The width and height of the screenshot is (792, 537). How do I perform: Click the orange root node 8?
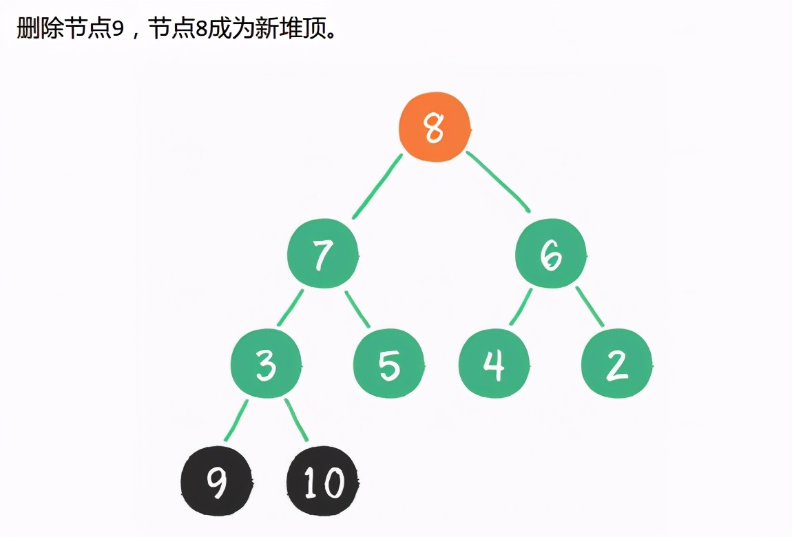tap(435, 128)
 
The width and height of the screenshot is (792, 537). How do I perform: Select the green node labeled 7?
tap(323, 255)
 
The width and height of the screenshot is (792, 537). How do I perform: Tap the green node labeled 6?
tap(551, 255)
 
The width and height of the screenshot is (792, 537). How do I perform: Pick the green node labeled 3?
tap(266, 364)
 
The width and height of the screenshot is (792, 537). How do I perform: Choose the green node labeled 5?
tap(388, 364)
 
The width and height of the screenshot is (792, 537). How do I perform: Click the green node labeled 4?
tap(494, 364)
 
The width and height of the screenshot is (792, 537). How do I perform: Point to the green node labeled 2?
tap(616, 364)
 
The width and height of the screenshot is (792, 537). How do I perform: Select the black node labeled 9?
tap(216, 481)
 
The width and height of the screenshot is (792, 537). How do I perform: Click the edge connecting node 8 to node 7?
tap(377, 187)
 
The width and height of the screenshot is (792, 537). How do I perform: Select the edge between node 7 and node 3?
tap(290, 308)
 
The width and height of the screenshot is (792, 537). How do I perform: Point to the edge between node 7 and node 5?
tap(357, 309)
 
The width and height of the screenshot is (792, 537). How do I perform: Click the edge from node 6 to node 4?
tap(521, 307)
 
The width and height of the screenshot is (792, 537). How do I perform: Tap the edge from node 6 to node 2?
tap(590, 306)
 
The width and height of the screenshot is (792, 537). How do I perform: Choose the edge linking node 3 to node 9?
tap(236, 420)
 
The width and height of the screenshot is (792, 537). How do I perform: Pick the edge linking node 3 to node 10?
tap(297, 420)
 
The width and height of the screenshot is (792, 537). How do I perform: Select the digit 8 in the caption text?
tap(201, 30)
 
